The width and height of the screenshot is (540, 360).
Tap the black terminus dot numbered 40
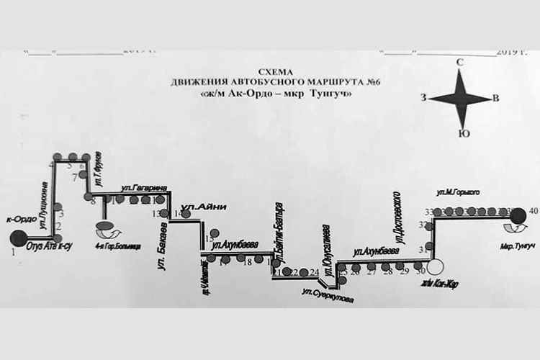coord(516,212)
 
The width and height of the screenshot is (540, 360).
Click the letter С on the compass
coord(459,64)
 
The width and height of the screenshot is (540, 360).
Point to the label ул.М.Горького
coord(459,192)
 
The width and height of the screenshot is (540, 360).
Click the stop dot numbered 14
coord(186,214)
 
